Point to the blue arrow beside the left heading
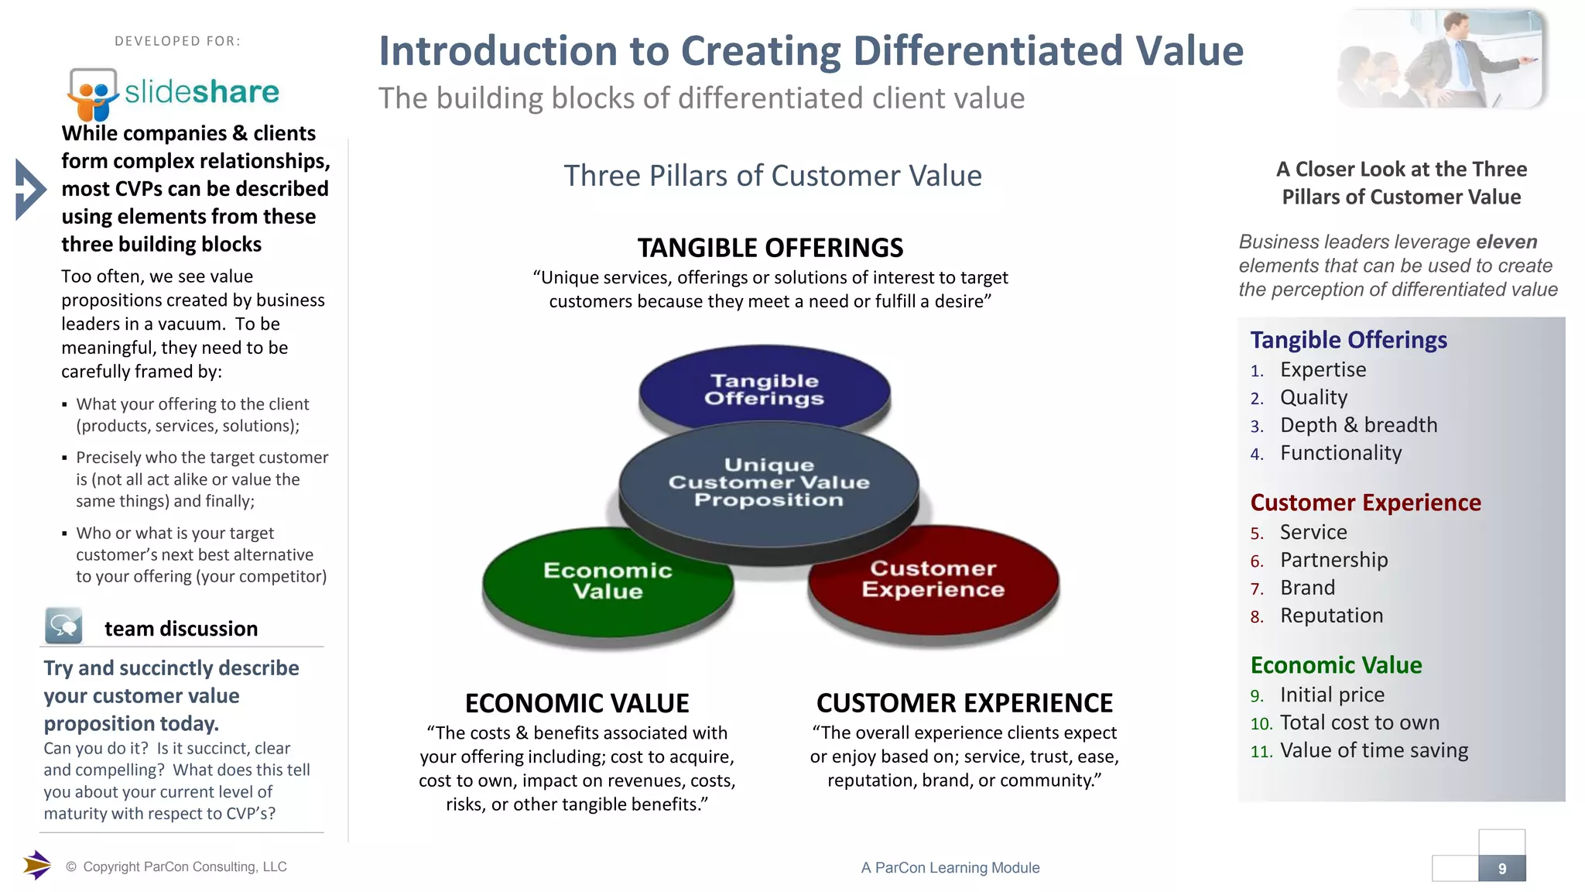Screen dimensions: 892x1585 [30, 189]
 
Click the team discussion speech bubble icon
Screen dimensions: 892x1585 [63, 626]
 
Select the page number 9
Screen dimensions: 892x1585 [1501, 869]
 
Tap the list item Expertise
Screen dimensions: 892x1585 [1323, 370]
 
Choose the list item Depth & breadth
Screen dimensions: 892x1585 [1358, 425]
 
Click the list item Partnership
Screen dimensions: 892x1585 [1333, 560]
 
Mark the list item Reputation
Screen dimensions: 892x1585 [1331, 616]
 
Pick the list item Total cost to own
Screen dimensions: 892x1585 [1359, 722]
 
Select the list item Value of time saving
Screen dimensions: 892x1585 [1374, 750]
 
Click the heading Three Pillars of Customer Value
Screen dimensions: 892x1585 [772, 176]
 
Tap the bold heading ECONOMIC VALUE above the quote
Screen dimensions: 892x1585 [577, 703]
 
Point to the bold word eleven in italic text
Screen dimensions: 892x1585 [1506, 242]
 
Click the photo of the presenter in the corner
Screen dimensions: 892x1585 [1441, 59]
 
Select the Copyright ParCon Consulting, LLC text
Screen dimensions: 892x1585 [184, 867]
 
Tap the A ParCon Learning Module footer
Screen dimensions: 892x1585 [950, 868]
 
